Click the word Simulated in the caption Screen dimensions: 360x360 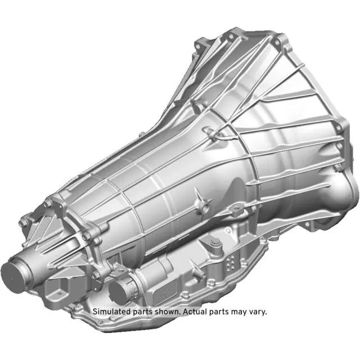112,312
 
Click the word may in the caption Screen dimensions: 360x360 240,312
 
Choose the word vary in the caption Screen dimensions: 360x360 259,312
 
